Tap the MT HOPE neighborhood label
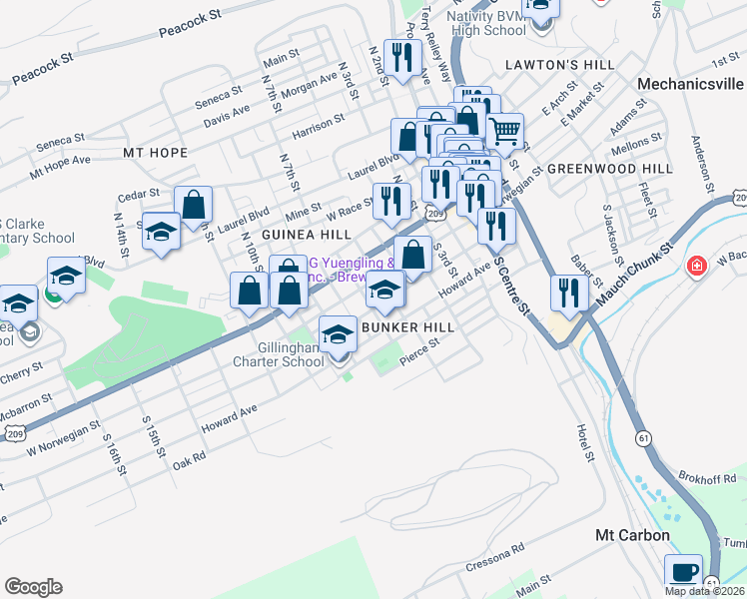[x=155, y=153]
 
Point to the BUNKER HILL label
[x=408, y=327]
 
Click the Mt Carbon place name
[x=632, y=536]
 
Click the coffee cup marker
[x=684, y=572]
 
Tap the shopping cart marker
[x=505, y=130]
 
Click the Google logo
[x=33, y=587]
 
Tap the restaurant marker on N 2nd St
[x=401, y=57]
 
